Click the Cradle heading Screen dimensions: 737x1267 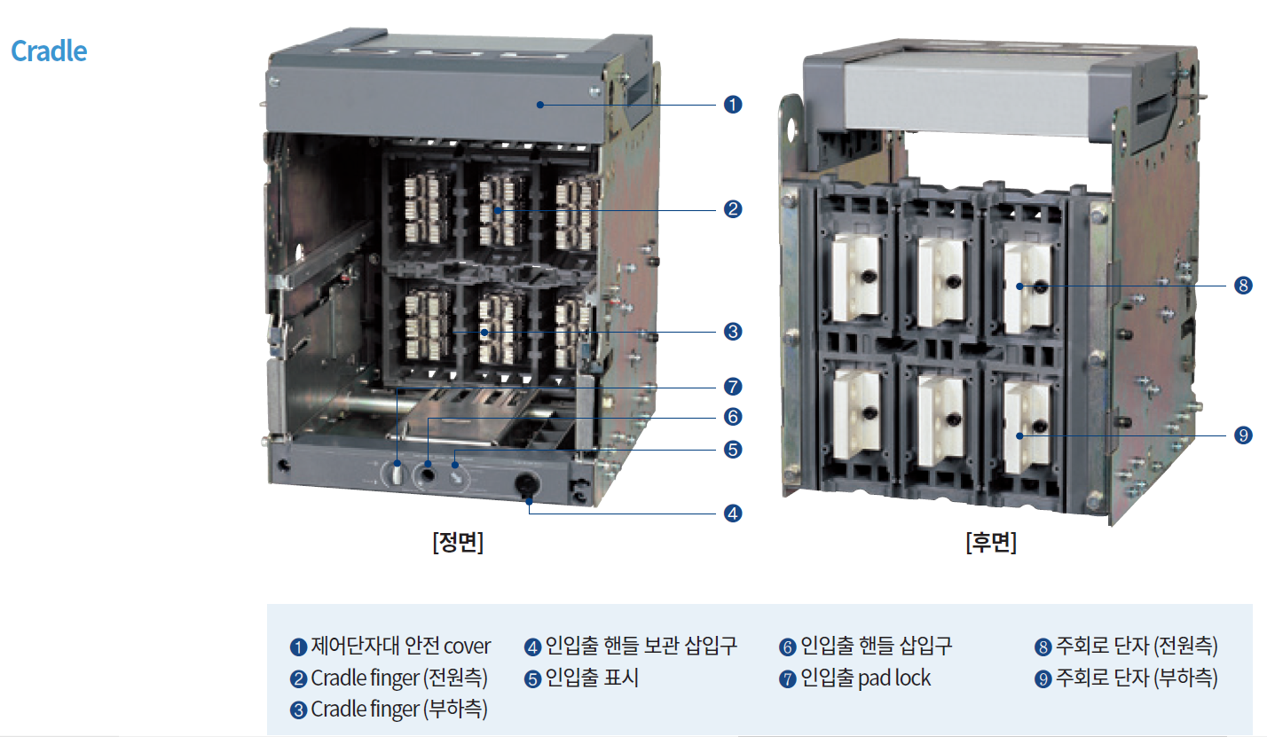tap(49, 51)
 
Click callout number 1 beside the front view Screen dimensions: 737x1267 tap(733, 105)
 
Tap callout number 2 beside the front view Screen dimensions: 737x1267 tap(733, 209)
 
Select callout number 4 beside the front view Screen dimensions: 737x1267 tap(733, 513)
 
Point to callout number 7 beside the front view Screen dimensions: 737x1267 tap(733, 387)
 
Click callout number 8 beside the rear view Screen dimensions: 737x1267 tap(1242, 286)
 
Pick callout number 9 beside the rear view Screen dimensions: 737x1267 tap(1242, 435)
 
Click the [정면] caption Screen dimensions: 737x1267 tap(458, 543)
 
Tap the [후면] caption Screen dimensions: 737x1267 tap(991, 543)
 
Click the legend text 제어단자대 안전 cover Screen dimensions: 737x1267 tap(400, 646)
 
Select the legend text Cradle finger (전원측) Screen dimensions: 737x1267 tap(399, 678)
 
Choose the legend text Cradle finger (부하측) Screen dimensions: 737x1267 tap(399, 710)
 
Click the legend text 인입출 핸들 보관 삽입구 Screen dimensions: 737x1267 tap(641, 646)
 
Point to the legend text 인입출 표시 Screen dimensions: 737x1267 tap(592, 678)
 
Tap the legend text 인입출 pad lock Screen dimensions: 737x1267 tap(866, 678)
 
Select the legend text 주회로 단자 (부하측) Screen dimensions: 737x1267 tap(1137, 678)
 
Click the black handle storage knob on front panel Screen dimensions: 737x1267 tap(526, 485)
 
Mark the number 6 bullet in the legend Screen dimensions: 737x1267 tap(787, 647)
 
